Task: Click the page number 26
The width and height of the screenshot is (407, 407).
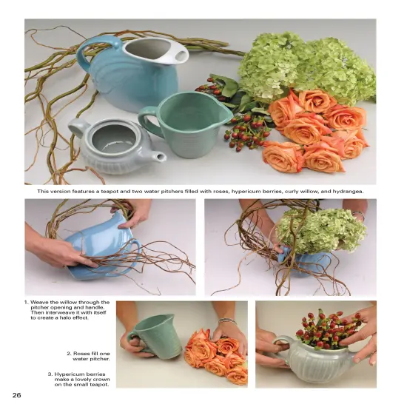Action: (x=16, y=395)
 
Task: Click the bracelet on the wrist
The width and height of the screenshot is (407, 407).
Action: (x=227, y=321)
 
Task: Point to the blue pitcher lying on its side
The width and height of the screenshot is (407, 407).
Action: (x=104, y=252)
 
